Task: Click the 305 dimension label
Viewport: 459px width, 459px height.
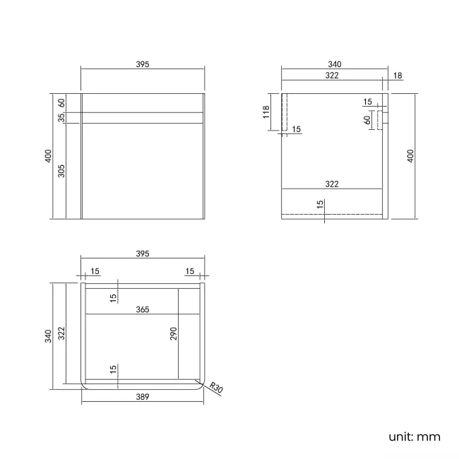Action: [x=61, y=170]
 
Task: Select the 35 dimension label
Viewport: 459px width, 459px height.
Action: [x=61, y=117]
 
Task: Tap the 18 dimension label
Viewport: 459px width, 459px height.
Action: [x=398, y=75]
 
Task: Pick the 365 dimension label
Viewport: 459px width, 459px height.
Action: [x=143, y=309]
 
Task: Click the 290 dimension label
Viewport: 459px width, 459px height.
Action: [x=173, y=334]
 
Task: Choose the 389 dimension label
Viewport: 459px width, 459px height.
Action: [x=143, y=398]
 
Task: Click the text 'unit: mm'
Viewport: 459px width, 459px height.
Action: [x=415, y=436]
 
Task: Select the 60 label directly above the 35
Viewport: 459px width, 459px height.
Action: [x=61, y=102]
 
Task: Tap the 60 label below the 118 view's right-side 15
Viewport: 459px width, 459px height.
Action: [x=368, y=119]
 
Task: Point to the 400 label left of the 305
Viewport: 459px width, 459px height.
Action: [x=47, y=156]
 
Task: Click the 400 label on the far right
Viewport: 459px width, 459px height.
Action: [x=410, y=156]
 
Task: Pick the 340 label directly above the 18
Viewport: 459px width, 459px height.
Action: [x=335, y=64]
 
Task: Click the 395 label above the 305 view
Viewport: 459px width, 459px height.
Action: [x=143, y=64]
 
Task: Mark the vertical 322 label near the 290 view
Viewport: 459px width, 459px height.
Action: [x=61, y=333]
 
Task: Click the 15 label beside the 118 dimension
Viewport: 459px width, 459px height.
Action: [x=296, y=129]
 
